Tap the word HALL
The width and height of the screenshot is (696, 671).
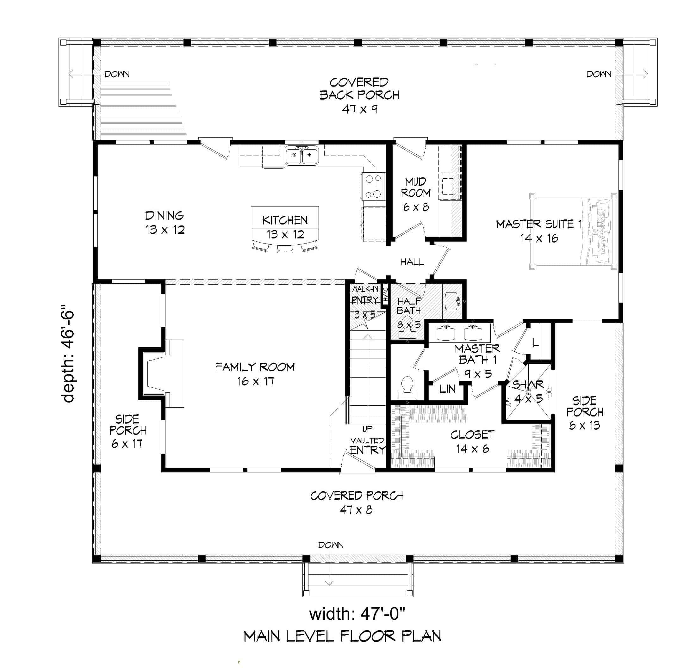coord(412,262)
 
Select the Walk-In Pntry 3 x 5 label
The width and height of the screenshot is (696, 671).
coord(365,302)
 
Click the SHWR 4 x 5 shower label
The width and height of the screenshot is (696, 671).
coord(528,391)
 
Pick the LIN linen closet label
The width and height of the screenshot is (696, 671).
coord(447,389)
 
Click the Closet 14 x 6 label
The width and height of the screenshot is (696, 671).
coord(472,441)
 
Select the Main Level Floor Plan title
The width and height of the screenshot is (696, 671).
coord(342,636)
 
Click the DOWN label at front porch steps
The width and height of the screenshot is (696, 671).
coord(330,545)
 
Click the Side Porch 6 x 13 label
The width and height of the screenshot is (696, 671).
coord(585,413)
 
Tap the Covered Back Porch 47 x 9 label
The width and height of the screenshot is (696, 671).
coord(359,95)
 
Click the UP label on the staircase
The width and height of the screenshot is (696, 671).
coord(367,429)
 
